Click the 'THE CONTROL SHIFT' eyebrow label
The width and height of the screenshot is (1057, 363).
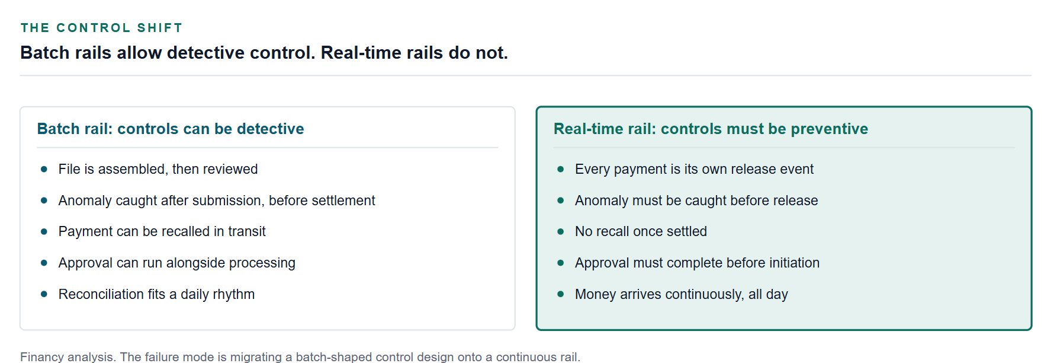(101, 28)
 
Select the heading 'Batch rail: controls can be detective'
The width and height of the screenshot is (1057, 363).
(171, 129)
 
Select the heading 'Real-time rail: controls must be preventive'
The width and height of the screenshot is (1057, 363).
(711, 129)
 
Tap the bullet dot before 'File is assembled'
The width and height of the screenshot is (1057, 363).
(44, 169)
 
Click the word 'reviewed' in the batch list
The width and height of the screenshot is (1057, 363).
(230, 169)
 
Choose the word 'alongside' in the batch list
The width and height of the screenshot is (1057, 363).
(195, 263)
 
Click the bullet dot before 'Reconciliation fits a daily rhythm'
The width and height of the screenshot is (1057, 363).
(44, 294)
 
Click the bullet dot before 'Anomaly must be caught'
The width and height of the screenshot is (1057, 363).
(561, 200)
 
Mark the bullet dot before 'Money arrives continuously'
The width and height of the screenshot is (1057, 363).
(561, 294)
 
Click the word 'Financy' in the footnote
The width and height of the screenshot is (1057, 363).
(43, 357)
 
